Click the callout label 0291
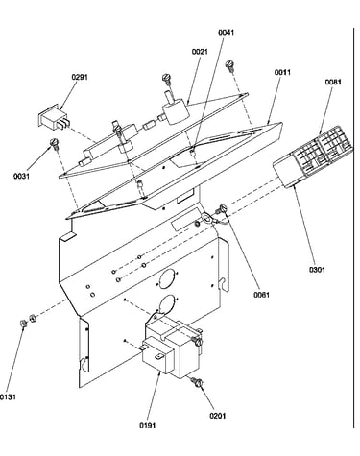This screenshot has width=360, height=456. coord(80,77)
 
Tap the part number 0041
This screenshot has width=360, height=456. coord(227,33)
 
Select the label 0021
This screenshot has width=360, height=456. coord(200,52)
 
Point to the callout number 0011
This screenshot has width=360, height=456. coord(282,73)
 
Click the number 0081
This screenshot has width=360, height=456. coord(333,83)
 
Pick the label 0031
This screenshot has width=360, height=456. coord(21,176)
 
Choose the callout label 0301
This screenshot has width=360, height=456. coord(317,270)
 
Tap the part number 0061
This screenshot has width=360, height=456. coord(262,295)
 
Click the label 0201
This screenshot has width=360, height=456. coord(218,416)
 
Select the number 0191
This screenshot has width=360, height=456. coord(148,425)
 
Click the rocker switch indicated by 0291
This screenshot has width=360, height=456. coord(53,118)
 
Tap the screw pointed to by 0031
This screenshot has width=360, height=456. coord(54,143)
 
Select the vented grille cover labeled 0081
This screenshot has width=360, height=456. coord(313,157)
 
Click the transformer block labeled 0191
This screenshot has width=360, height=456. coord(171,348)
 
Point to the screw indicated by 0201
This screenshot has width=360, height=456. coord(197,381)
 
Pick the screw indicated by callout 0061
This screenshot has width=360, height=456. coord(222,209)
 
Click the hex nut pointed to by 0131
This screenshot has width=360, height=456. coord(23,324)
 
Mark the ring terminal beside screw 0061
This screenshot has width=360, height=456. coord(206,219)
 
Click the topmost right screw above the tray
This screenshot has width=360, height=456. coord(229,65)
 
